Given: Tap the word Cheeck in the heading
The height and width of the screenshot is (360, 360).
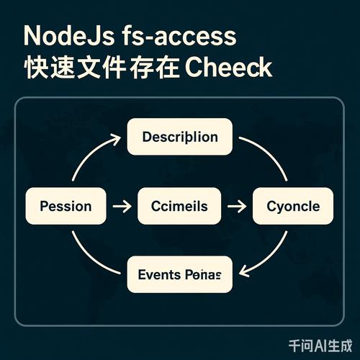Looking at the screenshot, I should (x=229, y=68).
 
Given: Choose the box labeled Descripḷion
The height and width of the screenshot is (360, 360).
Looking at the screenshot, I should (x=179, y=137).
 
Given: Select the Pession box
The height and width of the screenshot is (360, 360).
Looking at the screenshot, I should (x=66, y=206).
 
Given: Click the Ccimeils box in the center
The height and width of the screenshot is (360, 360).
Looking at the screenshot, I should (x=179, y=206).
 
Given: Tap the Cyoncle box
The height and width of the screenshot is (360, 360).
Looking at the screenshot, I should (x=293, y=206).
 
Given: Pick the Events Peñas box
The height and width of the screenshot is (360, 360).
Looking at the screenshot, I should (x=179, y=274).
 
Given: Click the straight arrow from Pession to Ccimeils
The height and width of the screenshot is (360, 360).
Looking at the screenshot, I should (x=122, y=207).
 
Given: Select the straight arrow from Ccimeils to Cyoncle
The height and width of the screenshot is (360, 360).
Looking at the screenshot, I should (x=236, y=207).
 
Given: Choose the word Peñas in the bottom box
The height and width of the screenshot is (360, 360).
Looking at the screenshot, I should (x=204, y=274).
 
